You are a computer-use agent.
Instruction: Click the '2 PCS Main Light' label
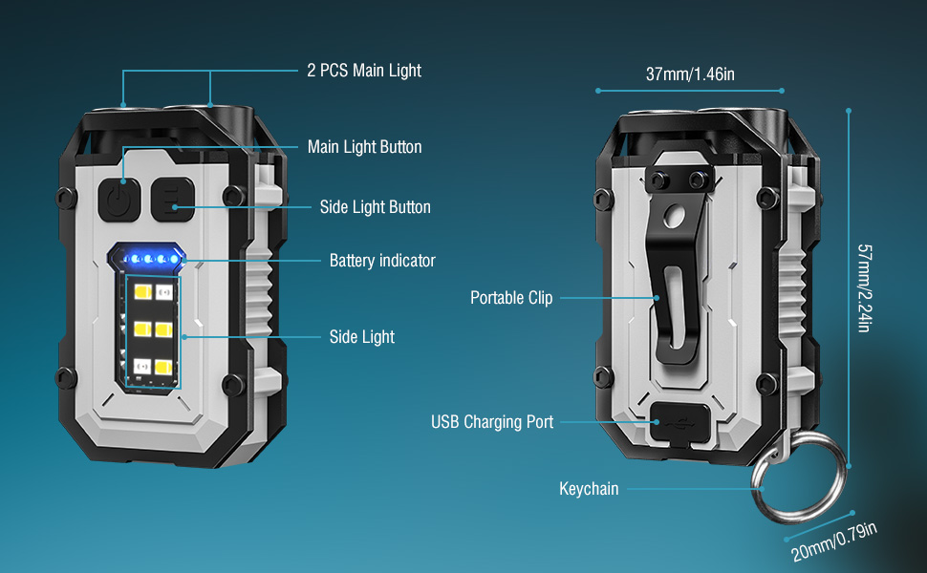(x=364, y=71)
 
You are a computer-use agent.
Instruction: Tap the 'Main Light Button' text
(x=365, y=146)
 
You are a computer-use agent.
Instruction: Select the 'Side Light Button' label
(x=376, y=206)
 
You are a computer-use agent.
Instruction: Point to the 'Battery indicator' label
(x=382, y=261)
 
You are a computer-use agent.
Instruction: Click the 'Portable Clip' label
(x=511, y=298)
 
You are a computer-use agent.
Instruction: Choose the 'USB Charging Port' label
(x=492, y=422)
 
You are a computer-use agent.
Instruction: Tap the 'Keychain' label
(x=589, y=489)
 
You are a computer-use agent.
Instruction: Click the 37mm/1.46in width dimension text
(x=690, y=74)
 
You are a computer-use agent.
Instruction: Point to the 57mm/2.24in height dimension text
(x=864, y=288)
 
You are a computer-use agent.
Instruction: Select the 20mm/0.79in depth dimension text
(x=833, y=541)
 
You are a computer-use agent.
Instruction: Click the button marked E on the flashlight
(x=173, y=200)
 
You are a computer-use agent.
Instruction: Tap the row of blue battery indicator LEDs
(x=150, y=259)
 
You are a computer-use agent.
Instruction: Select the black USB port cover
(x=679, y=423)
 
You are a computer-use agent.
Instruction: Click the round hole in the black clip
(x=674, y=216)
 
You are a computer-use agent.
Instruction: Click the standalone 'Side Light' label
(x=362, y=337)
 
